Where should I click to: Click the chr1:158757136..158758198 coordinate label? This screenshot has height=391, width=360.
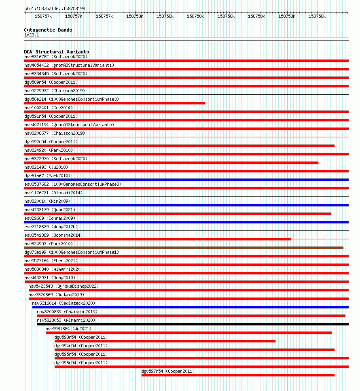click(x=55, y=8)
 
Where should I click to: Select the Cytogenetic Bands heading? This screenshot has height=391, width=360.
click(x=48, y=30)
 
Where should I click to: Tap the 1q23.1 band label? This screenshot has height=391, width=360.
click(x=32, y=35)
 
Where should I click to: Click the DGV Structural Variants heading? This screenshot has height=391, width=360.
click(x=57, y=52)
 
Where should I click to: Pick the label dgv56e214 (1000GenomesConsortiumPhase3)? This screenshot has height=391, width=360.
click(x=72, y=99)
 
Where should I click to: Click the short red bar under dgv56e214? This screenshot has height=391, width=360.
click(x=114, y=103)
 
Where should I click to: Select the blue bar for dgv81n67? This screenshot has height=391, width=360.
click(x=186, y=180)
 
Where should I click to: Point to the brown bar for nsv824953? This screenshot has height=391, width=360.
click(x=184, y=248)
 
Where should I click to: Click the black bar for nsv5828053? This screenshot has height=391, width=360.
click(x=193, y=324)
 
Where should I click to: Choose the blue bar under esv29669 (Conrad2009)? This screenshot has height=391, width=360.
click(x=186, y=222)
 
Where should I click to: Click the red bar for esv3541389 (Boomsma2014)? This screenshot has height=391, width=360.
click(x=157, y=239)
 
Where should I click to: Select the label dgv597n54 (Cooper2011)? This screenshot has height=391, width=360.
click(x=168, y=371)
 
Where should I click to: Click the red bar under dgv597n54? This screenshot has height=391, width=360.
click(x=238, y=375)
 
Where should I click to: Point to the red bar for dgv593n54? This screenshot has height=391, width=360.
click(x=165, y=341)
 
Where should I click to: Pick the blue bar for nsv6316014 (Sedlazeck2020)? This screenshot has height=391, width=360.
click(x=190, y=307)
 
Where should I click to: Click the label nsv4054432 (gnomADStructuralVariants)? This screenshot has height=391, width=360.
click(x=69, y=65)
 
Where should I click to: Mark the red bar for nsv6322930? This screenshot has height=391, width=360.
click(x=171, y=163)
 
